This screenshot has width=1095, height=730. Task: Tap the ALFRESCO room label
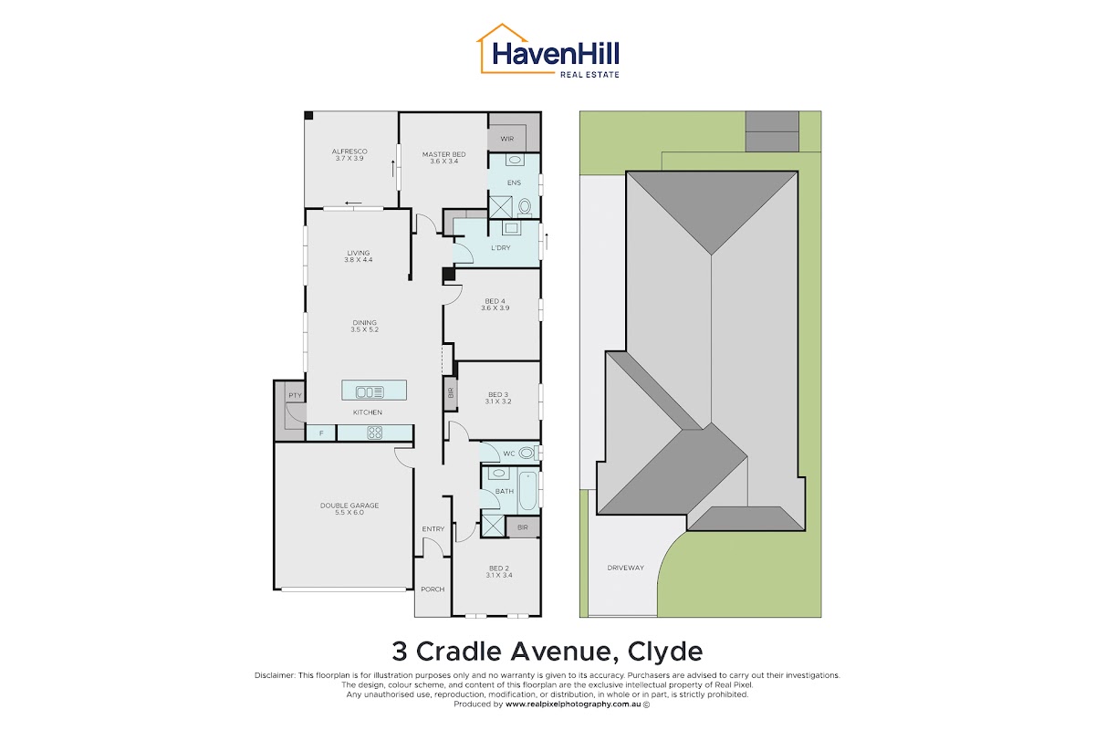349,151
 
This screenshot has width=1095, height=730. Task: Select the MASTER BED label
443,154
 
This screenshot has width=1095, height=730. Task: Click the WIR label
507,139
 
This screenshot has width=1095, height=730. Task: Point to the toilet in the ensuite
525,207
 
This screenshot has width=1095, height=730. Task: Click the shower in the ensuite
501,207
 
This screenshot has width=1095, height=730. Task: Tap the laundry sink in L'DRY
511,228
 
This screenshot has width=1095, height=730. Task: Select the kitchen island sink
370,391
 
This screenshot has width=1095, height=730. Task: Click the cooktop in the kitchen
374,433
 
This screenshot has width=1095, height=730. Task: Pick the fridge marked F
321,433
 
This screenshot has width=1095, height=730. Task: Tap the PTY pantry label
296,395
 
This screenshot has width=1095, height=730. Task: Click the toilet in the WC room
527,453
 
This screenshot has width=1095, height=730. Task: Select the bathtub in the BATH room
528,490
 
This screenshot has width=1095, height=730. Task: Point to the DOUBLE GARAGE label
349,506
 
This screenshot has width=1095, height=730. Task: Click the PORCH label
433,589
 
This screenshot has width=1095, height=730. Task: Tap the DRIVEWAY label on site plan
626,568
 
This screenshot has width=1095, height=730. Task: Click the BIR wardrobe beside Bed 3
451,393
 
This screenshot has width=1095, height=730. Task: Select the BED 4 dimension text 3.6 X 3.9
495,308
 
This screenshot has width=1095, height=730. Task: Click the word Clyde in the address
665,652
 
